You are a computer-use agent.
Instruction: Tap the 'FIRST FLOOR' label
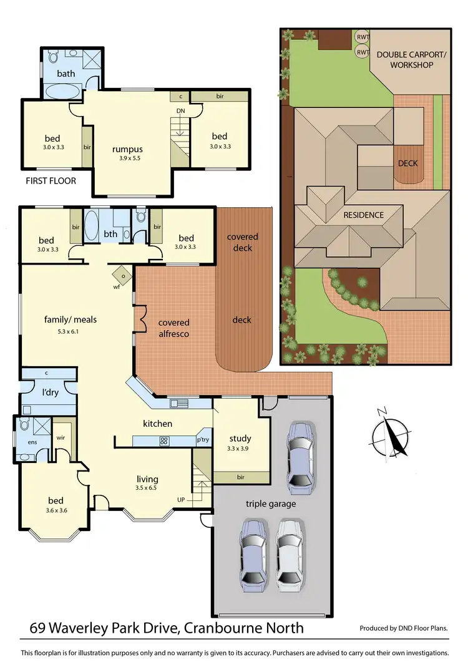point(51,181)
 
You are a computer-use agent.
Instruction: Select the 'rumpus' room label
point(127,149)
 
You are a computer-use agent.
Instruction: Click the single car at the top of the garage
point(300,456)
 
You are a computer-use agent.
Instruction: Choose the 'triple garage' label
point(270,504)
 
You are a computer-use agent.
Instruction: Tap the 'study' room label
point(240,437)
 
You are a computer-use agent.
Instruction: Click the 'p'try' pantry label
point(203,439)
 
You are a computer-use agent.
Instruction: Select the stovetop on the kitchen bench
point(165,441)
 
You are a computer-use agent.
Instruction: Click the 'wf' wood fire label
point(117,287)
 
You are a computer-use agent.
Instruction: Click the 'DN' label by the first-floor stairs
point(181,110)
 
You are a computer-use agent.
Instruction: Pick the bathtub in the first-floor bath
point(63,92)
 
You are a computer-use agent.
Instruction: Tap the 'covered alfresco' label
point(173,328)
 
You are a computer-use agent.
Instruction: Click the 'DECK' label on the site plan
point(408,163)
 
